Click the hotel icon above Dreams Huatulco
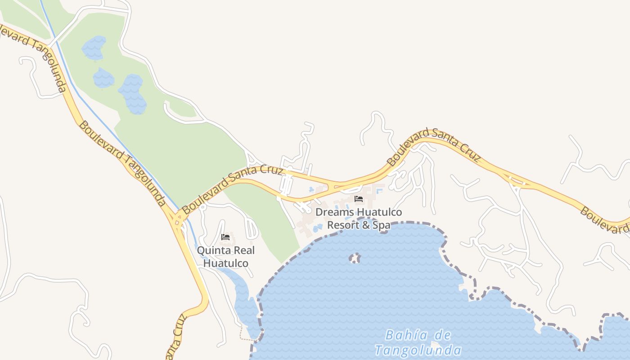pos(359,198)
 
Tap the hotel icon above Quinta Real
pos(225,237)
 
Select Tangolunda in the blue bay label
pos(418,350)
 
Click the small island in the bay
pos(355,258)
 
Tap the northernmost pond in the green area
pos(94,48)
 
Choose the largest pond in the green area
pos(133,94)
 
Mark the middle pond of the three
pos(103,78)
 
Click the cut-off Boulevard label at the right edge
pos(604,220)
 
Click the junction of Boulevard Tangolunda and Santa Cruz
pos(179,219)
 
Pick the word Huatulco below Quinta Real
pos(225,263)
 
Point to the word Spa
pos(382,225)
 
